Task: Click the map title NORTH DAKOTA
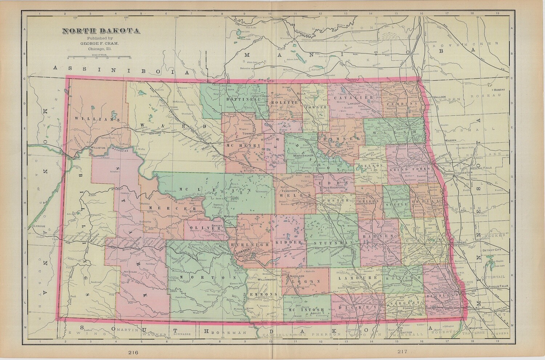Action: pos(101,31)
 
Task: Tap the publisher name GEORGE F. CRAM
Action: pos(101,43)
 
